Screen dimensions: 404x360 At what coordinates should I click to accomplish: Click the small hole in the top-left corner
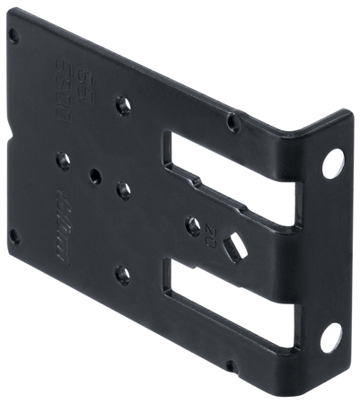[13, 37]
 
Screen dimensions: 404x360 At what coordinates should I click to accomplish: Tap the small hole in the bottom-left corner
[13, 237]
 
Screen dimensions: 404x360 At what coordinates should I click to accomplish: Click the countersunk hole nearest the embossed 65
[124, 105]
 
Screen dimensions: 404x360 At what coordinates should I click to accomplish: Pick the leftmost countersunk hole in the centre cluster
[63, 161]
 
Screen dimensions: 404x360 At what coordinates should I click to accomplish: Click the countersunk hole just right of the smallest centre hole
[124, 189]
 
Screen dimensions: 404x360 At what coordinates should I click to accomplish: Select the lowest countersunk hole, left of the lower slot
[123, 275]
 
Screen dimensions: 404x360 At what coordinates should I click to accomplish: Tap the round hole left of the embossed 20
[193, 226]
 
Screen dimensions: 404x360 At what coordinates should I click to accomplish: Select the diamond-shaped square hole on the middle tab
[233, 249]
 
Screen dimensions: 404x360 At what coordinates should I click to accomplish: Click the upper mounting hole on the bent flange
[332, 162]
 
